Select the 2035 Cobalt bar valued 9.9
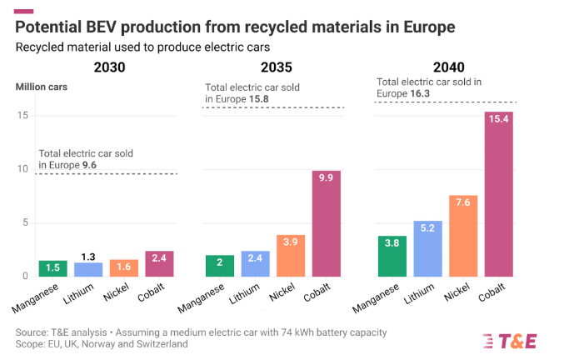point(326,223)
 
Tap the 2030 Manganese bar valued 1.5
point(52,268)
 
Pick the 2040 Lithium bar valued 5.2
point(428,248)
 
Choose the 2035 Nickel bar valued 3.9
point(290,255)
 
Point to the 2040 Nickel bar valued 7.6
point(463,236)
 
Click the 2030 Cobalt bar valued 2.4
point(158,263)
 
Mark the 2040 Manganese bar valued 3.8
point(392,256)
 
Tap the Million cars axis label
point(41,87)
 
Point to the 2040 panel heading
point(447,67)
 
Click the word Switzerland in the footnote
point(159,344)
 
